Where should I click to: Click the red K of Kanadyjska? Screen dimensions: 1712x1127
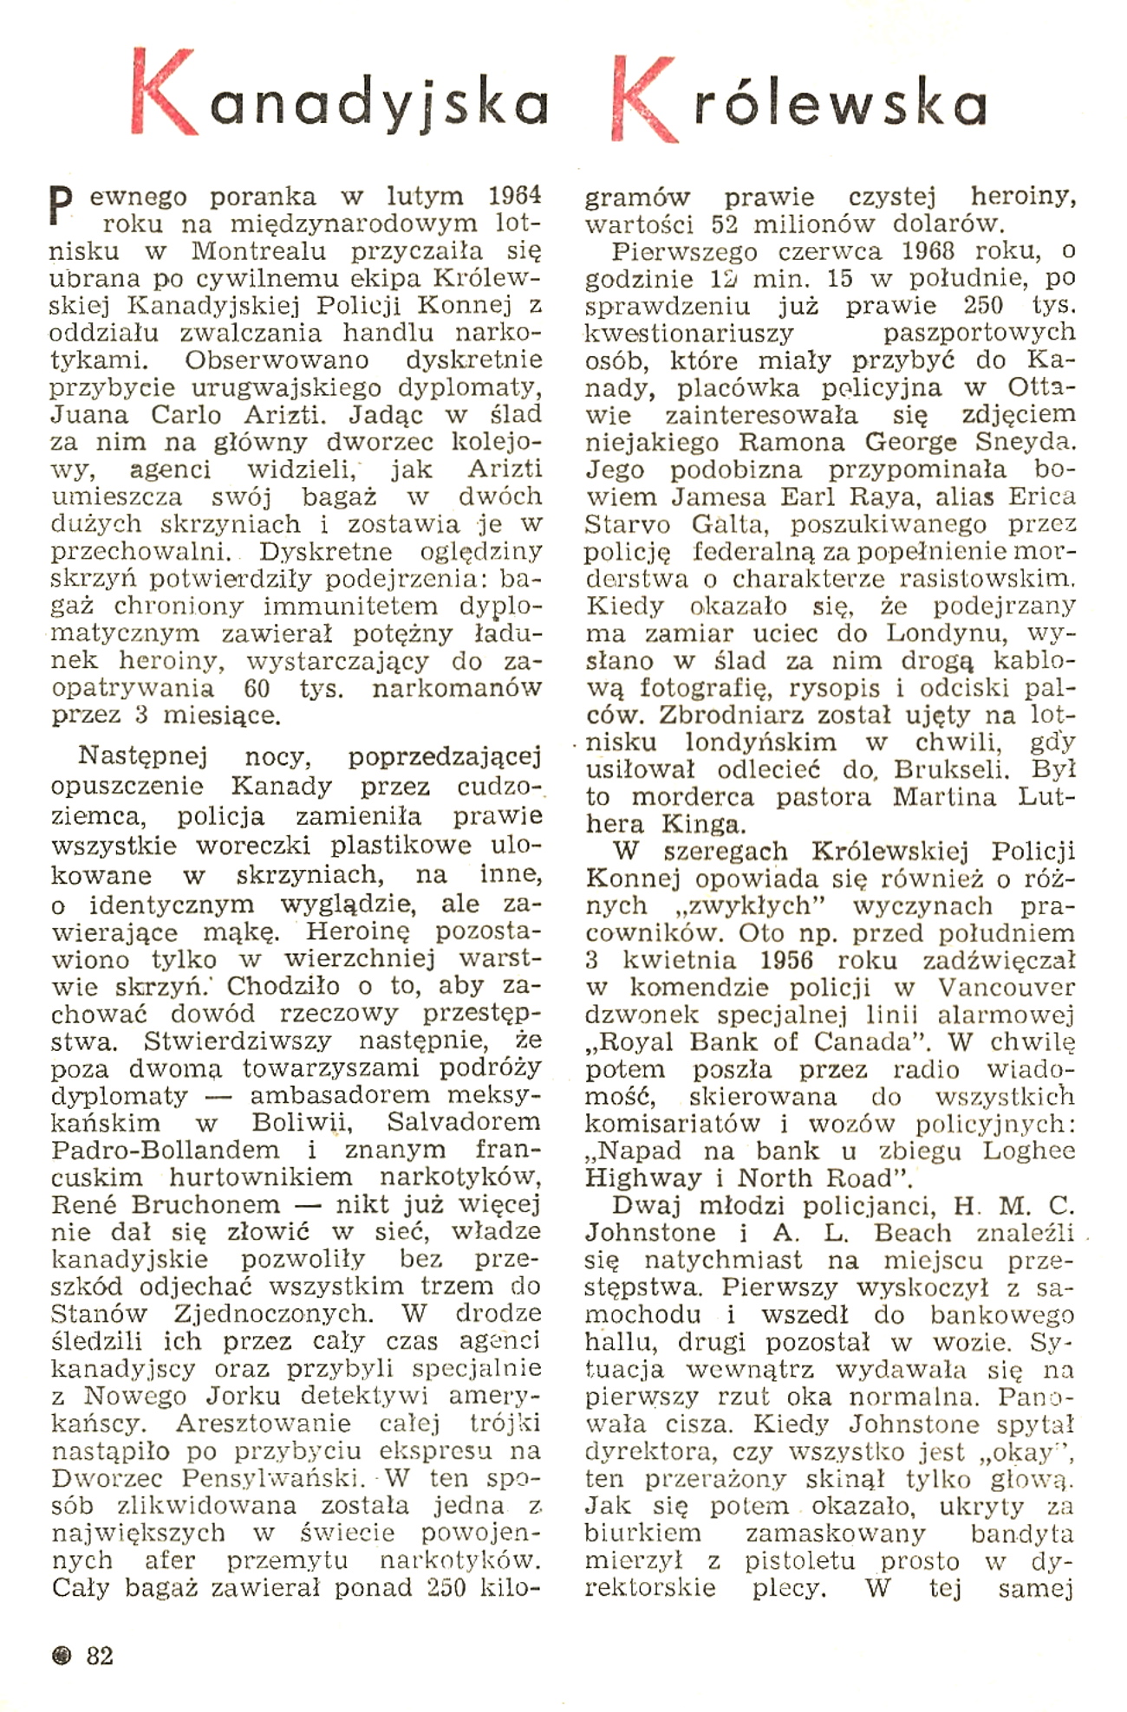(x=165, y=95)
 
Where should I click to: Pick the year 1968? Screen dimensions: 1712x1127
(x=921, y=251)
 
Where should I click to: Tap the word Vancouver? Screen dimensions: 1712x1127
(x=1006, y=988)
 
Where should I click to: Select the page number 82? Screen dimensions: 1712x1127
(x=100, y=1656)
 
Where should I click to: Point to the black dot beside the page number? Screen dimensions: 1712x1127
(x=61, y=1657)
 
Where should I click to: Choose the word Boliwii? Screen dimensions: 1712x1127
(x=302, y=1122)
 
